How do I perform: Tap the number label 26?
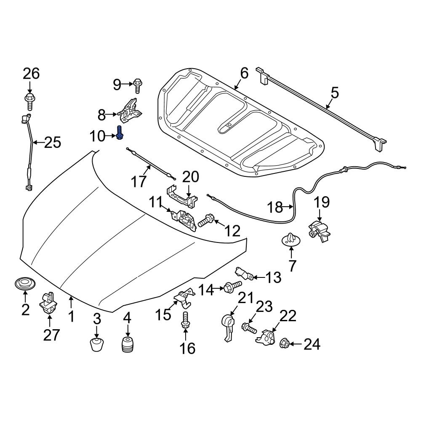tap(31, 74)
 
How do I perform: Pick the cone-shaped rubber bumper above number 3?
tap(97, 344)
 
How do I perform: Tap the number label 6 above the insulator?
tap(245, 74)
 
